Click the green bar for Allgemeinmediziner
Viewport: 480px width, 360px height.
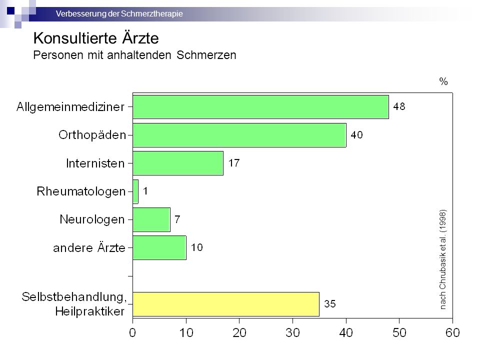pyautogui.click(x=260, y=107)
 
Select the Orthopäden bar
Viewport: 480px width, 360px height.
pyautogui.click(x=239, y=135)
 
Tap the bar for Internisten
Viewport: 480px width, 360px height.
pyautogui.click(x=178, y=163)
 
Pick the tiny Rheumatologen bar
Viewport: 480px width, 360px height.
pyautogui.click(x=135, y=191)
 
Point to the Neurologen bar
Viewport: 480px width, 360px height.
pyautogui.click(x=151, y=219)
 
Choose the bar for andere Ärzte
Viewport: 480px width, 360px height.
pyautogui.click(x=159, y=247)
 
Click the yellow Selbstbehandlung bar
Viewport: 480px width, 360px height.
pyautogui.click(x=226, y=304)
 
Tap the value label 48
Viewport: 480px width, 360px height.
pyautogui.click(x=399, y=106)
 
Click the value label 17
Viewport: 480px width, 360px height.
pyautogui.click(x=234, y=163)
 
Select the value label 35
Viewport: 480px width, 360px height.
pyautogui.click(x=330, y=303)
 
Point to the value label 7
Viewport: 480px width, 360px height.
pyautogui.click(x=177, y=219)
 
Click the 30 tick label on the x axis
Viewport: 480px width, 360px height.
pyautogui.click(x=292, y=333)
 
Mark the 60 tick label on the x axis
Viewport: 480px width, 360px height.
pyautogui.click(x=453, y=333)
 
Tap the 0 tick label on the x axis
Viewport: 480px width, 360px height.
pyautogui.click(x=132, y=333)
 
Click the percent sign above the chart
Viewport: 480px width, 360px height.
pyautogui.click(x=443, y=81)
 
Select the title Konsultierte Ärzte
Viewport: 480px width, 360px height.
pyautogui.click(x=96, y=38)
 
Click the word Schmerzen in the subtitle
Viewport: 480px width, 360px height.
pyautogui.click(x=206, y=55)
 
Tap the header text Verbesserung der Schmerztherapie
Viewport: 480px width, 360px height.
pyautogui.click(x=119, y=14)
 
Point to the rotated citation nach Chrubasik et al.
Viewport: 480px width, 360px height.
pyautogui.click(x=442, y=259)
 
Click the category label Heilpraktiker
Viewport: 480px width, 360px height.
pyautogui.click(x=89, y=311)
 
